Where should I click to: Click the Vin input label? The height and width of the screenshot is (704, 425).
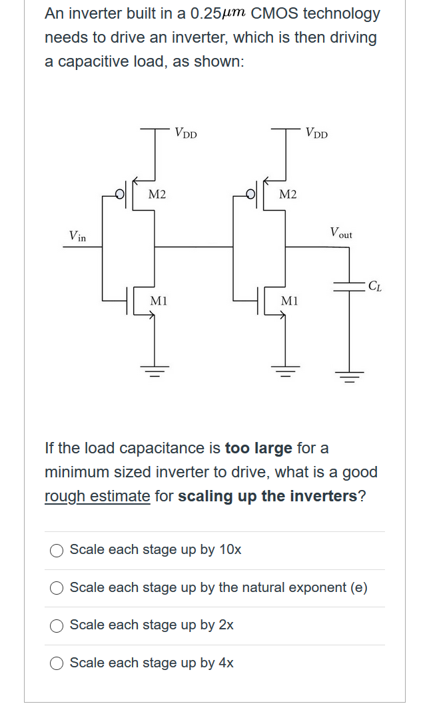(77, 235)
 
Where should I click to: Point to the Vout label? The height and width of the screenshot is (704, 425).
(341, 233)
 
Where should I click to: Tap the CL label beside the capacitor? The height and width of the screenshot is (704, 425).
(374, 287)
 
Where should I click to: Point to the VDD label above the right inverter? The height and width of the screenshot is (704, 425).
(316, 133)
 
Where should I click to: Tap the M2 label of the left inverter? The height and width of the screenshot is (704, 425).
(157, 194)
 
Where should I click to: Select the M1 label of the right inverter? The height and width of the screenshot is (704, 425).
(288, 301)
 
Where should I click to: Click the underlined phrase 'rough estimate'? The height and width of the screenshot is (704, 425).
(97, 497)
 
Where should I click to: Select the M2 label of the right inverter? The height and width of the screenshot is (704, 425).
(288, 194)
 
